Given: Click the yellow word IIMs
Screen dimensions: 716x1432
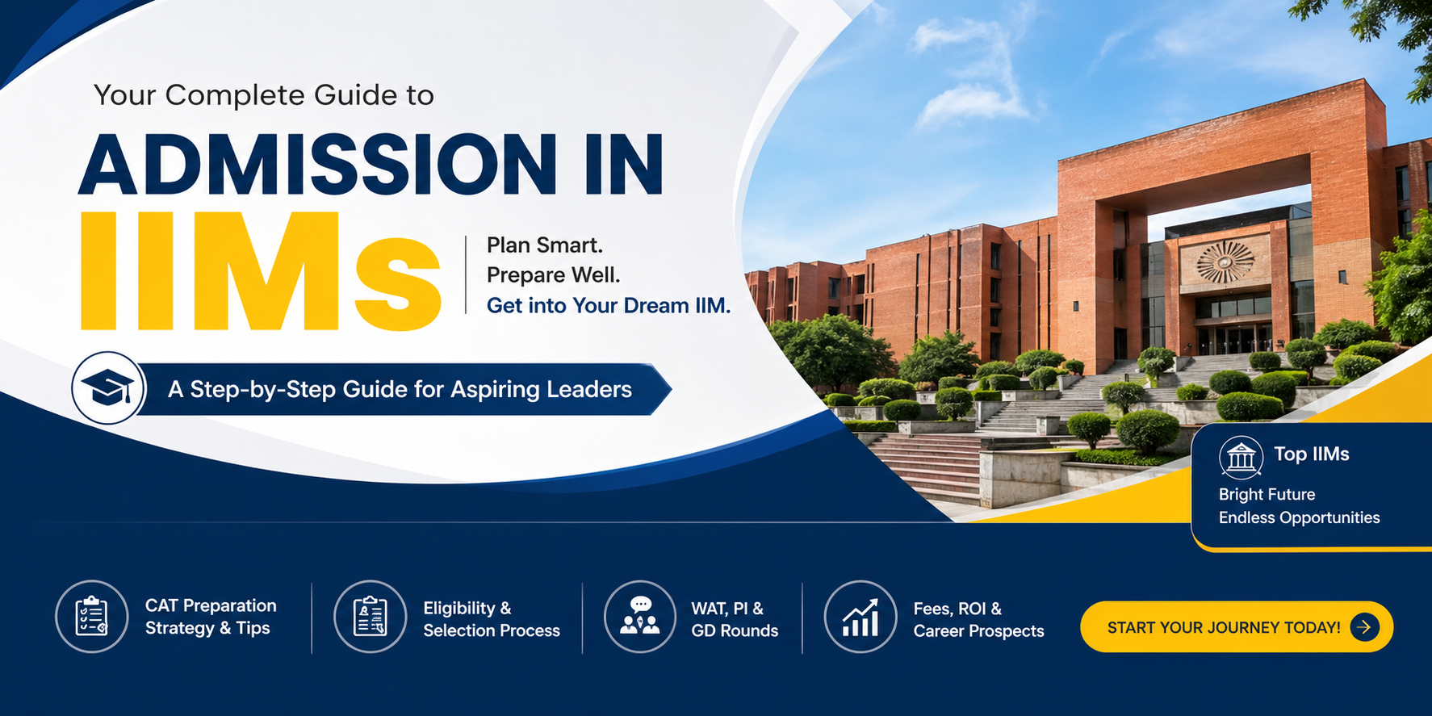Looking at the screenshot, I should coord(260,273).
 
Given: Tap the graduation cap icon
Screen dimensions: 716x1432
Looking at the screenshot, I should coord(108,388).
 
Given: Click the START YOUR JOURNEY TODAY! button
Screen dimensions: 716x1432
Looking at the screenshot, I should coord(1223,627).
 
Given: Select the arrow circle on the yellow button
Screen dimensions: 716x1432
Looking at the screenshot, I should coord(1364,626).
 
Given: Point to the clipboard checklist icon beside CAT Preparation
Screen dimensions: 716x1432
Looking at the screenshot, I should coord(92,617).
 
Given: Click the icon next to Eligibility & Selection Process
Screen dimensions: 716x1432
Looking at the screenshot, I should coord(370,617).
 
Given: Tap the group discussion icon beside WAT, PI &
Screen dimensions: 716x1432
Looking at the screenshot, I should coord(640,617).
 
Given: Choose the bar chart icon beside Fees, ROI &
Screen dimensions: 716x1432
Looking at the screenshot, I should coord(860,617).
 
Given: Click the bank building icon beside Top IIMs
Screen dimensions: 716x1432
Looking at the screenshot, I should coord(1241,457).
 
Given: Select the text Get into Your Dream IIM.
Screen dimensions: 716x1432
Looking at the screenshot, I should coord(608,306).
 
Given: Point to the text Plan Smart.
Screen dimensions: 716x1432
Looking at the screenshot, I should coord(545,245).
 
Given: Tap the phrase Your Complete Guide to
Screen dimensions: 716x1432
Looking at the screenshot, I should coord(264,95).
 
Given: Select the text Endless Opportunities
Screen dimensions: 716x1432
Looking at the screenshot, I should coord(1299,517).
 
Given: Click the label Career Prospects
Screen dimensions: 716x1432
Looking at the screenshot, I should coord(978,631).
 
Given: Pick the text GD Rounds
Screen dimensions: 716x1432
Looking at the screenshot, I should coord(735,631).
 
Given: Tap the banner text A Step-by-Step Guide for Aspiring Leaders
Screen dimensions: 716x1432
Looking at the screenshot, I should coord(400,389).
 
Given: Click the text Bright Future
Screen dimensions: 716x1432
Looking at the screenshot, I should coord(1267,494).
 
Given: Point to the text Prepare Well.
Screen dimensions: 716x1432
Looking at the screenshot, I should coord(553,275).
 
